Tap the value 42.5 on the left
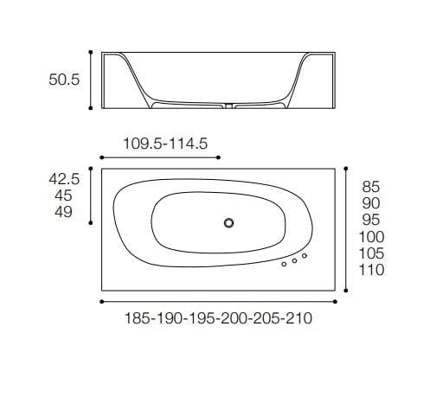pos(64,179)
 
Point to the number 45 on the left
pos(64,195)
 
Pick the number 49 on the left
pos(64,212)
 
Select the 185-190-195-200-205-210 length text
pos(217,318)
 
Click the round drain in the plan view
pos(228,223)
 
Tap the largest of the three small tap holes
pos(305,256)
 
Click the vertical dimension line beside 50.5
pos(92,80)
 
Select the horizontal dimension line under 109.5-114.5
pos(160,157)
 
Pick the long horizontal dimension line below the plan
pos(218,301)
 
